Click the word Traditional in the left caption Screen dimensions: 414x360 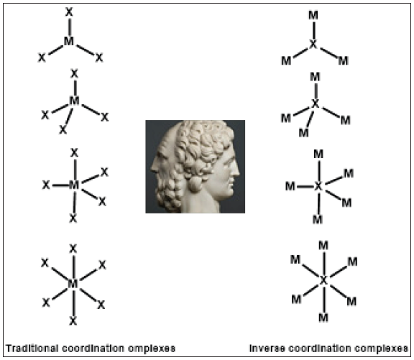tap(32, 349)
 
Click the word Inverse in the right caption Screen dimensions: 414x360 tap(267, 349)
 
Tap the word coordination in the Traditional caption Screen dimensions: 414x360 tap(93, 349)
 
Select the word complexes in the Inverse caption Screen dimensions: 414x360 tap(381, 349)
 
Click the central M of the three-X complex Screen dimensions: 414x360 tap(69, 41)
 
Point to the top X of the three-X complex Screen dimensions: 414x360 tap(69, 12)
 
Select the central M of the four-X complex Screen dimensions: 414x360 tap(74, 101)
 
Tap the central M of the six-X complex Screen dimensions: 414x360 tap(73, 284)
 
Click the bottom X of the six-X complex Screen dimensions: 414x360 tap(73, 321)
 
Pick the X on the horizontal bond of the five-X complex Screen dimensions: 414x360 tap(46, 185)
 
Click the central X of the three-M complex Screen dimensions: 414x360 tap(313, 45)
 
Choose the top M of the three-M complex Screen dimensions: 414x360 tap(313, 16)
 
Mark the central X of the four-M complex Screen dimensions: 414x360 tap(316, 104)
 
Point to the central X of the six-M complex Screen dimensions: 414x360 tap(323, 280)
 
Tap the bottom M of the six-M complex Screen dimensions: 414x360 tap(323, 318)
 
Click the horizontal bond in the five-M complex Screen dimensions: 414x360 tap(305, 187)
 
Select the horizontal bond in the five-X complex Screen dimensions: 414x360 tap(60, 185)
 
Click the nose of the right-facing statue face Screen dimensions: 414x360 tap(236, 171)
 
